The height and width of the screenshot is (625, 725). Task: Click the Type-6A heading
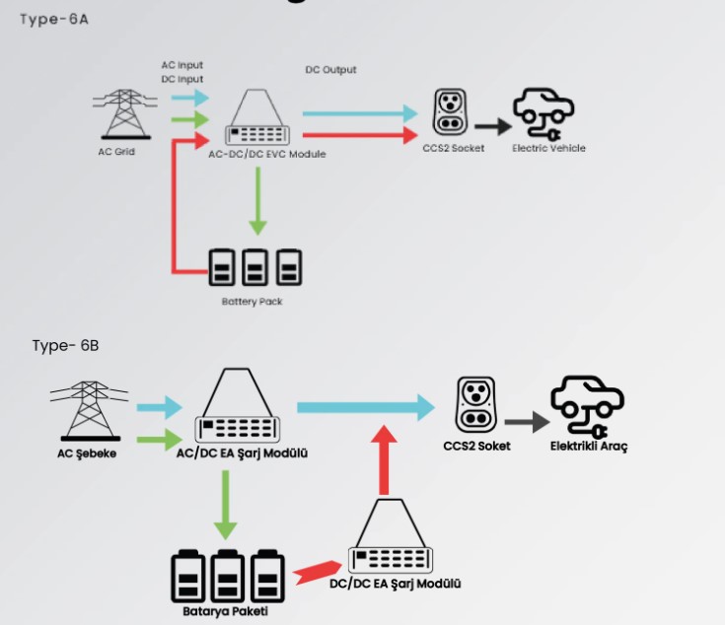[x=54, y=20]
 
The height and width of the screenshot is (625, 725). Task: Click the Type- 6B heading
[x=65, y=346]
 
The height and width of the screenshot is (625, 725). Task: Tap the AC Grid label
[x=116, y=152]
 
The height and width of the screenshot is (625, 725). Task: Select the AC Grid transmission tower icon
[x=125, y=114]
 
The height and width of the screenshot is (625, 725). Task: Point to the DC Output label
[x=330, y=70]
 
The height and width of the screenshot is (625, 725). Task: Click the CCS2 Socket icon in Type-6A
[x=450, y=112]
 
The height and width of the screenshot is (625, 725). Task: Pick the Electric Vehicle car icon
[x=544, y=113]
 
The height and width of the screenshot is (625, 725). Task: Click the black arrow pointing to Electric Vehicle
[x=493, y=126]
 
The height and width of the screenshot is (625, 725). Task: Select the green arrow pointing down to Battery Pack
[x=258, y=201]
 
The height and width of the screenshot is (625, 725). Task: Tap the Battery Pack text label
[x=252, y=302]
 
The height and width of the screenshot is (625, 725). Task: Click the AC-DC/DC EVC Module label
[x=267, y=155]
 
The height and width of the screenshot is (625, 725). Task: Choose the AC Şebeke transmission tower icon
[x=89, y=411]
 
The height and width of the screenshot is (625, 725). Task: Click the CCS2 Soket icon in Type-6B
[x=475, y=404]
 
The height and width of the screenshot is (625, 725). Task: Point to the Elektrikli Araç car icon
[x=587, y=406]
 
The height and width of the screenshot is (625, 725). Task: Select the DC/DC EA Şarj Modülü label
[x=396, y=584]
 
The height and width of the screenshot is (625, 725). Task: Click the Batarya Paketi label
[x=225, y=611]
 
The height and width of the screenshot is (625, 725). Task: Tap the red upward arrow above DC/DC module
[x=384, y=460]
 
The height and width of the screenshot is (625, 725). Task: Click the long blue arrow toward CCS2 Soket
[x=366, y=407]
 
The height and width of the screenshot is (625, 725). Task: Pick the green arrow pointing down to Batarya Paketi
[x=226, y=506]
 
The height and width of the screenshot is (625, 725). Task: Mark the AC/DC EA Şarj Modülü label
[x=242, y=453]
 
